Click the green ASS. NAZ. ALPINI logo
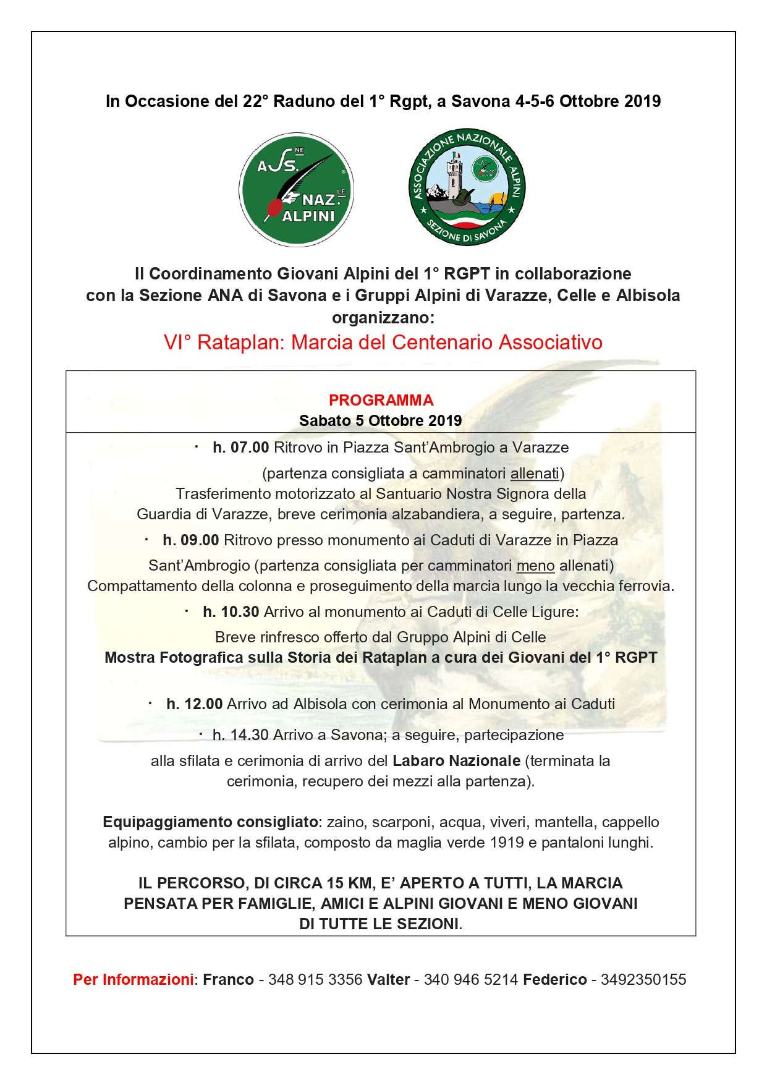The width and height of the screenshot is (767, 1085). (x=296, y=189)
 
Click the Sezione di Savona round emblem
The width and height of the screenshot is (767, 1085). (x=467, y=187)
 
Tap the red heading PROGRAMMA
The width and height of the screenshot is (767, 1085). (x=381, y=400)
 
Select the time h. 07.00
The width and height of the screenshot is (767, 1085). (x=240, y=447)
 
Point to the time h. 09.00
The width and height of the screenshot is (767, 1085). (x=190, y=540)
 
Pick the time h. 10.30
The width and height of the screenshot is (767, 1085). (x=231, y=611)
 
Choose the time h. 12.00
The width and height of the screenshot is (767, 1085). (x=194, y=704)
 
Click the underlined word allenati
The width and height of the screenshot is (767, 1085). (x=534, y=473)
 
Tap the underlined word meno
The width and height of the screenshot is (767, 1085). (x=535, y=565)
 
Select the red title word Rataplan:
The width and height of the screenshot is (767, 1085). (x=241, y=342)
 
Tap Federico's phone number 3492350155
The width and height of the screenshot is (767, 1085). (x=643, y=979)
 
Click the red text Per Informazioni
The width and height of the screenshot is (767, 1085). (x=133, y=979)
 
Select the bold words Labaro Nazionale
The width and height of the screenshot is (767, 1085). (x=456, y=760)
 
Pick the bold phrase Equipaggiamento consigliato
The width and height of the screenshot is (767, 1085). (x=210, y=822)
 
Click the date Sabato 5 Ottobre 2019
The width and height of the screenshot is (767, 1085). (x=381, y=420)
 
